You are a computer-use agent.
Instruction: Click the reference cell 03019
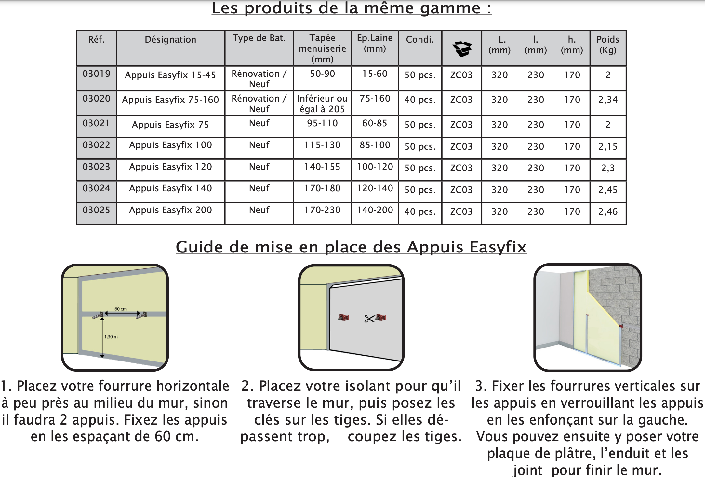[x=96, y=74]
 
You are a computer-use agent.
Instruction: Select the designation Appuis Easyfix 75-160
[x=170, y=100]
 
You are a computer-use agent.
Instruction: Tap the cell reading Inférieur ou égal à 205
[x=322, y=104]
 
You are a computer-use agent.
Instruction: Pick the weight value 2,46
[x=608, y=212]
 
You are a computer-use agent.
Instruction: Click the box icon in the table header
[x=462, y=49]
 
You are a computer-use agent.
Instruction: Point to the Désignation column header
[x=170, y=40]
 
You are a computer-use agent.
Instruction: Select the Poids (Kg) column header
[x=608, y=45]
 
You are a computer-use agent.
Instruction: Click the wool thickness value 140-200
[x=375, y=210]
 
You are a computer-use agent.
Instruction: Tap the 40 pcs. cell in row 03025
[x=420, y=212]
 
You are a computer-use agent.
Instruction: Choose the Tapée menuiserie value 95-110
[x=322, y=123]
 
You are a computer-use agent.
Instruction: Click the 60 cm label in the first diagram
[x=121, y=309]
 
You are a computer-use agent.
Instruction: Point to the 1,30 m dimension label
[x=111, y=337]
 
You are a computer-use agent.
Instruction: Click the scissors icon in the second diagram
[x=369, y=319]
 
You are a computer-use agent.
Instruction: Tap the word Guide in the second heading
[x=199, y=247]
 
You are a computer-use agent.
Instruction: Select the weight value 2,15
[x=608, y=147]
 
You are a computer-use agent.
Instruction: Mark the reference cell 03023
[x=96, y=167]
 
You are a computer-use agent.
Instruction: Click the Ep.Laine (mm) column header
[x=375, y=43]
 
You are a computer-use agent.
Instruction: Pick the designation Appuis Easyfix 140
[x=170, y=188]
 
